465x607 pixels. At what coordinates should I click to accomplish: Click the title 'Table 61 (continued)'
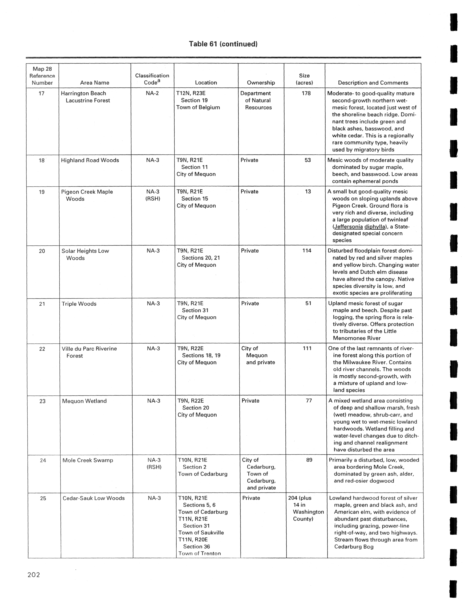223,44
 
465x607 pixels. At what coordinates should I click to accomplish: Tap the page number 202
34,575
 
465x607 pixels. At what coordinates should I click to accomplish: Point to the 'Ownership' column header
261,83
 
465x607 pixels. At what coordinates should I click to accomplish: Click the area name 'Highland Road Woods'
90,160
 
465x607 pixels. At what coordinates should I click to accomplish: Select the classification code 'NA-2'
152,93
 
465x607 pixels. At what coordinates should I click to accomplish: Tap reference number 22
42,349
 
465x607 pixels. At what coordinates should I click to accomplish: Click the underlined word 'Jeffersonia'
348,227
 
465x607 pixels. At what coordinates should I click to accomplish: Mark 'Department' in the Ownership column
256,93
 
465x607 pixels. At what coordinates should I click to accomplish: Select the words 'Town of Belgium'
198,107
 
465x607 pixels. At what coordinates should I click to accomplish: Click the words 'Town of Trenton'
200,553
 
